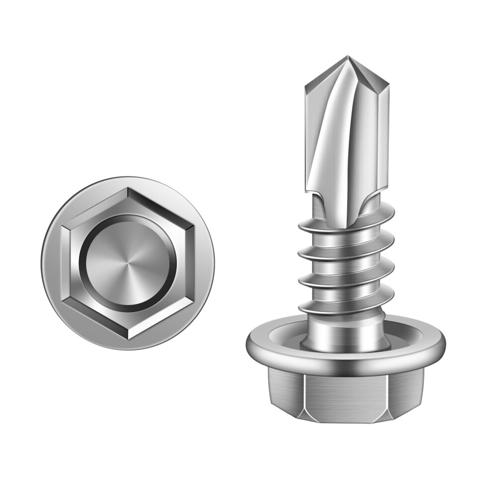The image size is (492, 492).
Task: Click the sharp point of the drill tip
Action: pyautogui.click(x=348, y=57)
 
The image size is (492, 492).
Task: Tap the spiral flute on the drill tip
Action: pyautogui.click(x=330, y=134)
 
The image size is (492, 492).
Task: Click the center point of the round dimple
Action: pyautogui.click(x=128, y=263)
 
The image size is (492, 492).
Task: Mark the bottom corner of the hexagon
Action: pyautogui.click(x=128, y=339)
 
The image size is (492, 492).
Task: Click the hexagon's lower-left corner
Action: pyautogui.click(x=63, y=301)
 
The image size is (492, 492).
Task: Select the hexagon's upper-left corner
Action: pyautogui.click(x=63, y=226)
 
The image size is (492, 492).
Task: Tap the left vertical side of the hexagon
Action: pyautogui.click(x=63, y=263)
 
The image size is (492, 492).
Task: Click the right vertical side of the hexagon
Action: pyautogui.click(x=192, y=263)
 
